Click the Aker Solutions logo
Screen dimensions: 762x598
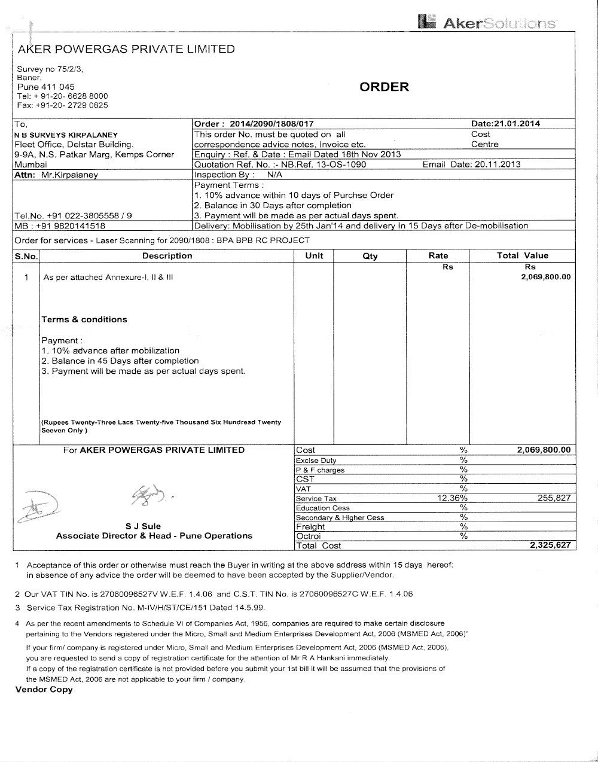click(x=488, y=23)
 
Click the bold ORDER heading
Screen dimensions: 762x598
click(x=385, y=87)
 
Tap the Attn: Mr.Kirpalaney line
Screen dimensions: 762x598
click(x=56, y=175)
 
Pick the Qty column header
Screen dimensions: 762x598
click(x=370, y=256)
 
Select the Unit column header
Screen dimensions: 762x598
click(x=314, y=255)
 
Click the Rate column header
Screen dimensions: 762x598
click(x=438, y=255)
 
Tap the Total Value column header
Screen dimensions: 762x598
click(x=522, y=255)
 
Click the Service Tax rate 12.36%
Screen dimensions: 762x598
click(x=453, y=498)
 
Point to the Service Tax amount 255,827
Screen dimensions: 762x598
click(x=554, y=498)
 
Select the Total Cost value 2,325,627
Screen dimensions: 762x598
click(x=550, y=545)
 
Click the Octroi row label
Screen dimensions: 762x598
click(x=309, y=536)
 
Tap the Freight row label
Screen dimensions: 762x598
click(x=310, y=526)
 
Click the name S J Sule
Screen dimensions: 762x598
click(x=143, y=526)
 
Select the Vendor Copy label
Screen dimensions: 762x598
click(x=44, y=690)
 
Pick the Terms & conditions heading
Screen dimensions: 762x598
click(x=84, y=319)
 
